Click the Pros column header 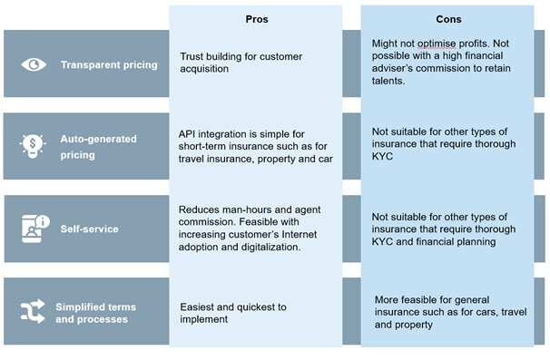pos(257,18)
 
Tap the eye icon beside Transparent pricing pos(33,64)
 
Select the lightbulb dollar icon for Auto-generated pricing pos(33,145)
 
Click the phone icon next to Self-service pos(33,228)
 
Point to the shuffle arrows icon pos(33,312)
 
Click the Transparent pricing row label pos(109,64)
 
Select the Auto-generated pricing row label pos(99,146)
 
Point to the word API pos(189,133)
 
